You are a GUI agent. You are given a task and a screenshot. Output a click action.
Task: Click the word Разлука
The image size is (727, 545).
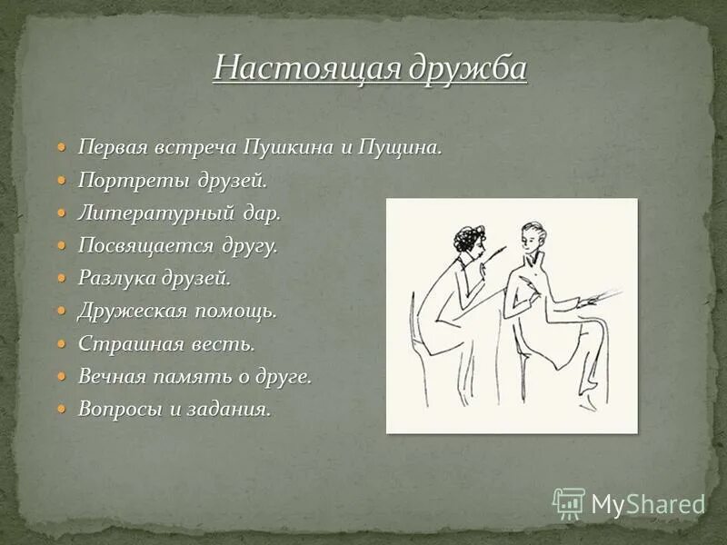(114, 278)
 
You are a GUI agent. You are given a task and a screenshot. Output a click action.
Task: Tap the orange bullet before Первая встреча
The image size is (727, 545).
(62, 147)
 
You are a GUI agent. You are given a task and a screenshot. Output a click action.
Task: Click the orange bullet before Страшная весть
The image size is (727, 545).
(62, 343)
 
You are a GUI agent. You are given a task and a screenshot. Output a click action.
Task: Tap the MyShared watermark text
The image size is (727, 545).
(648, 504)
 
